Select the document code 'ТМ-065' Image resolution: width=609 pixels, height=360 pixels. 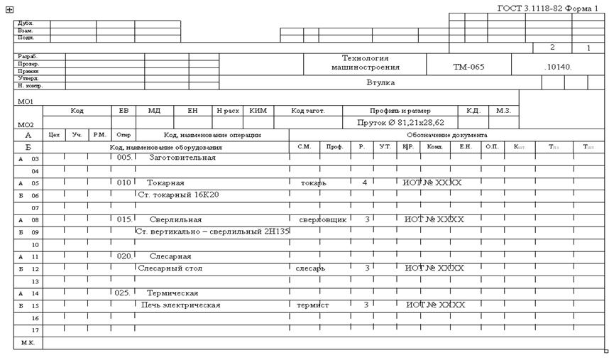coord(468,67)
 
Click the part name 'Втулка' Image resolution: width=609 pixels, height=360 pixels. coord(380,82)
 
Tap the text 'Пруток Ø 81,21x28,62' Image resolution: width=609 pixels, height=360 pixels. coord(400,122)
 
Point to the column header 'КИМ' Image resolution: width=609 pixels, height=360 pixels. coord(258,111)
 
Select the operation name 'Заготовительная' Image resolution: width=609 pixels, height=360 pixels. coord(182,158)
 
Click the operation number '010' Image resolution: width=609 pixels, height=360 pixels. coord(124,182)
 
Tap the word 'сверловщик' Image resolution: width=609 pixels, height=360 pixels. coord(322,219)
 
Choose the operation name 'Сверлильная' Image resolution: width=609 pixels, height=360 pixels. coord(177,219)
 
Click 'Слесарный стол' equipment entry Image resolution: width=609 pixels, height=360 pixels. coord(170,268)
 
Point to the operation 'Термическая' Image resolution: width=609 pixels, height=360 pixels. coord(172,293)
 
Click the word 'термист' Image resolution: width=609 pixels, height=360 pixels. coord(313,305)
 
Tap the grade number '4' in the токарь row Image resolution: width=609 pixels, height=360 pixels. coord(365,182)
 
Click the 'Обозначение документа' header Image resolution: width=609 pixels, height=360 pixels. coord(446,134)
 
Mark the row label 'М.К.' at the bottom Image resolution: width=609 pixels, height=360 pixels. coord(28,342)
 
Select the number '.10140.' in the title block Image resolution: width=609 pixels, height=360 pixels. coord(558,67)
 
